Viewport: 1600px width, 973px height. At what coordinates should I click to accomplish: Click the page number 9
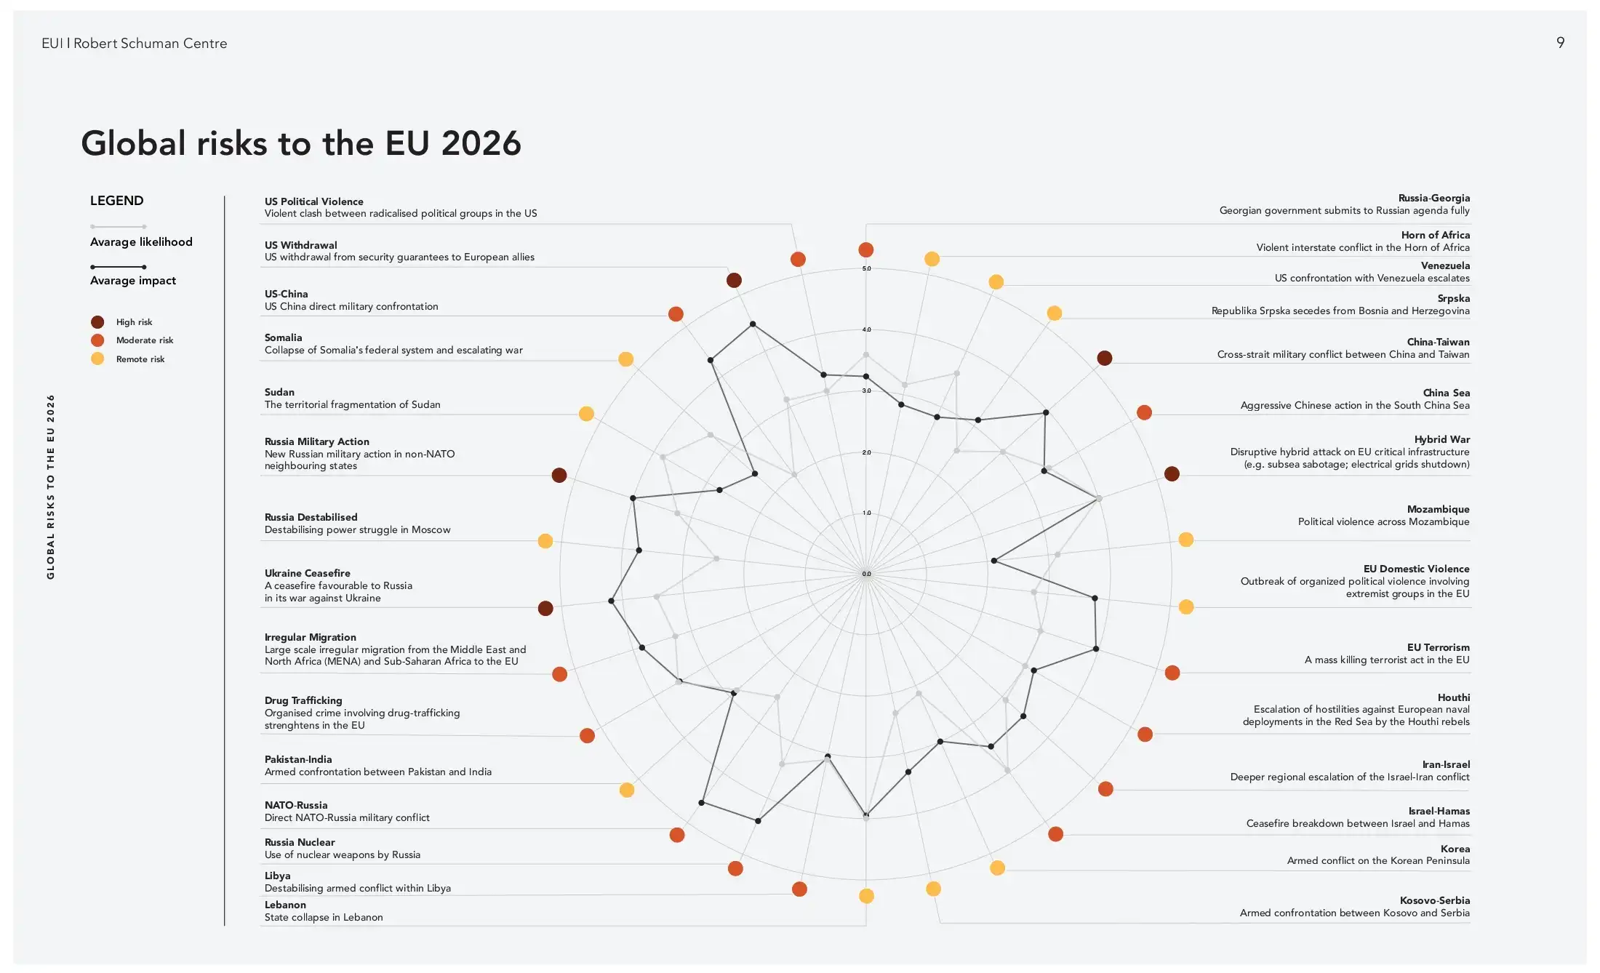(x=1560, y=43)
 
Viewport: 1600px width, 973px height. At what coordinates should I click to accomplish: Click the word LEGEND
(x=116, y=201)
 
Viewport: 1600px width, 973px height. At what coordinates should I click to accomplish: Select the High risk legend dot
(x=97, y=322)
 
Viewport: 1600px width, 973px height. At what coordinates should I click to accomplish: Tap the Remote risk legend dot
(x=97, y=359)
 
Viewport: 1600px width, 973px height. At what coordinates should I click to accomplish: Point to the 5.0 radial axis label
(x=866, y=269)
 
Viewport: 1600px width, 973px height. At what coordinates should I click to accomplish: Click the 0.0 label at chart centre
(x=866, y=574)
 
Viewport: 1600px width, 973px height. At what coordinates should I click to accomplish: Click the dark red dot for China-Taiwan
(x=1104, y=358)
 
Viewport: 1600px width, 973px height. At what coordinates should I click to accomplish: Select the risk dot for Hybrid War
(x=1172, y=474)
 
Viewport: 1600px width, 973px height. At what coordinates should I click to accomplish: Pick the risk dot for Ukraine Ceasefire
(x=545, y=609)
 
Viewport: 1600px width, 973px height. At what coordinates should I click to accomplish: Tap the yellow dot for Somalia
(x=625, y=359)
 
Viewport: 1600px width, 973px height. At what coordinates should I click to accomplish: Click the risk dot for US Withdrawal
(x=734, y=281)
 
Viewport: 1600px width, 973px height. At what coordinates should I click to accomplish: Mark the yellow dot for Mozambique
(x=1185, y=540)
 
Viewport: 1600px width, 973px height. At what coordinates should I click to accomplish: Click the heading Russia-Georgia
(x=1433, y=199)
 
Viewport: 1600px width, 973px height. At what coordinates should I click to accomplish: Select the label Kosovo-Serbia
(x=1434, y=900)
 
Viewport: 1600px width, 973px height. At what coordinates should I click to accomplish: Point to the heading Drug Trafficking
(x=303, y=700)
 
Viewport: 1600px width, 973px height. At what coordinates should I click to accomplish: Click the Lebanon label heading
(x=285, y=905)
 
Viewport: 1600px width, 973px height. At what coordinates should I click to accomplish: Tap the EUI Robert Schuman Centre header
(x=135, y=44)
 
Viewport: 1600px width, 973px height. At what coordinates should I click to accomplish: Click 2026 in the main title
(x=481, y=143)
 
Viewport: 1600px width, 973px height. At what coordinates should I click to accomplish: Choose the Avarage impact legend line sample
(x=118, y=267)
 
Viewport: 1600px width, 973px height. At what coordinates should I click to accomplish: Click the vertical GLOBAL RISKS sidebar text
(x=50, y=486)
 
